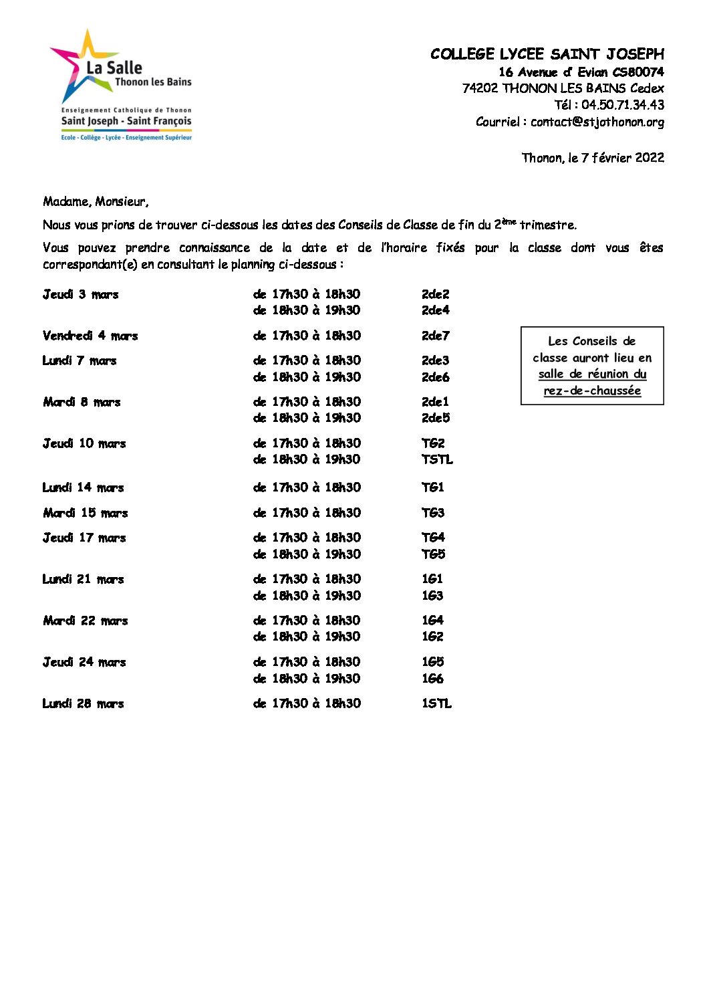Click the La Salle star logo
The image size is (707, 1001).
tap(80, 67)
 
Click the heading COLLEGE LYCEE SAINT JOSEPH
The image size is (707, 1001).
tap(547, 54)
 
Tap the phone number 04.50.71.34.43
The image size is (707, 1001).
tap(622, 105)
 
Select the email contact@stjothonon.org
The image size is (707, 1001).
tap(597, 122)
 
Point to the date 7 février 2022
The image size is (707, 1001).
tap(622, 158)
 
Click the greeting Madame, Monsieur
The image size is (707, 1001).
tap(96, 201)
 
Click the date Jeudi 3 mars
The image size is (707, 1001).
tap(81, 294)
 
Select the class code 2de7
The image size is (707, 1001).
tap(436, 336)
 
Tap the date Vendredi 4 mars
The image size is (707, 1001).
tap(90, 336)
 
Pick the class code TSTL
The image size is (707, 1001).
tap(437, 459)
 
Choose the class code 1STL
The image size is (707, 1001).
tap(436, 703)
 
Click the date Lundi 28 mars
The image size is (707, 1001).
tap(84, 703)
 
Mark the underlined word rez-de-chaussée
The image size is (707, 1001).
tap(592, 391)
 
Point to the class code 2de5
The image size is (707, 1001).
tap(436, 418)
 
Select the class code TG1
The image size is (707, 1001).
tap(433, 487)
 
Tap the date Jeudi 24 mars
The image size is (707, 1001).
tap(84, 662)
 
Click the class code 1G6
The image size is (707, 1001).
tap(432, 679)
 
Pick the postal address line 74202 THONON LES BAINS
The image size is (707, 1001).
tap(563, 88)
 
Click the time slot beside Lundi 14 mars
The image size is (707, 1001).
tap(307, 487)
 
